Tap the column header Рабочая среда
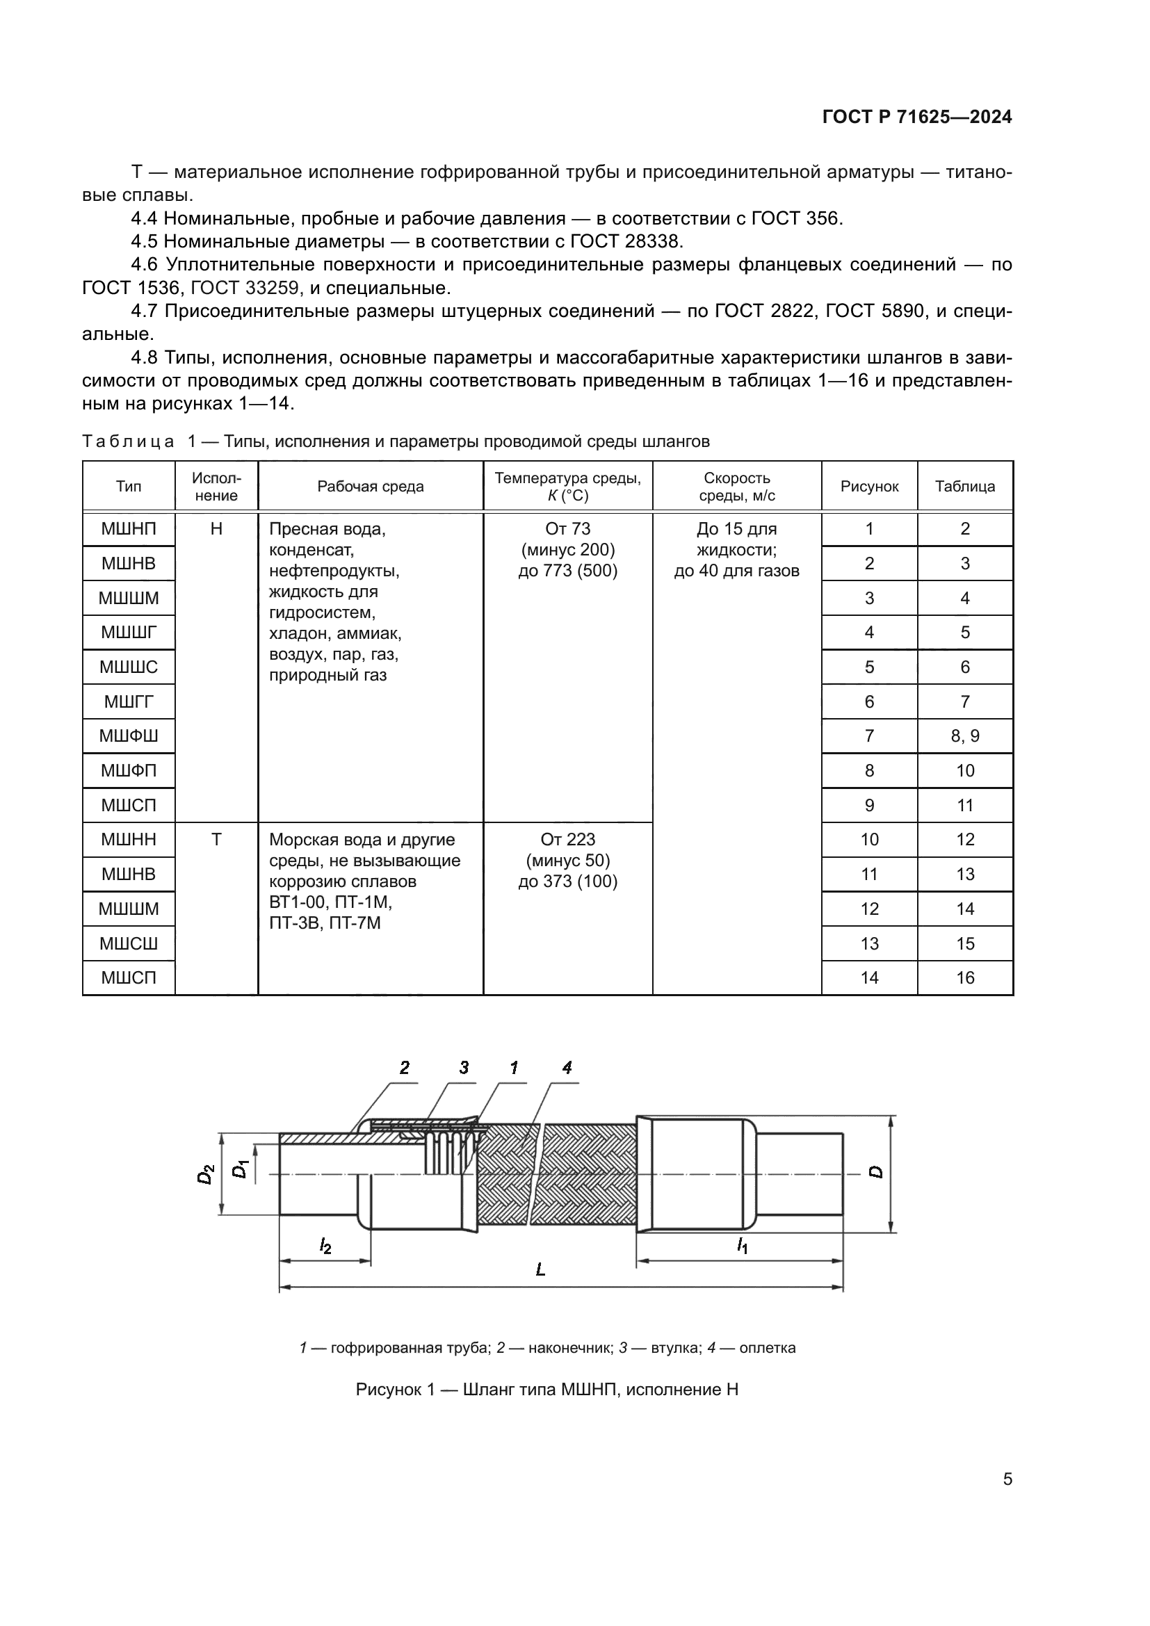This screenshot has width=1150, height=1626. coord(371,487)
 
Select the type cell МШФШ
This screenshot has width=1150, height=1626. coord(128,735)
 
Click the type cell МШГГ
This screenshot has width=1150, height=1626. coord(128,702)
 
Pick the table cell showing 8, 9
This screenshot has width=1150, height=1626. coord(964,735)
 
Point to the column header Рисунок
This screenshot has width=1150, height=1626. coord(869,487)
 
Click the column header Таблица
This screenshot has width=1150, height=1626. coord(964,487)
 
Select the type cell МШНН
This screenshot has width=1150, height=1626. coord(128,839)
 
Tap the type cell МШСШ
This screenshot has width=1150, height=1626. coord(128,943)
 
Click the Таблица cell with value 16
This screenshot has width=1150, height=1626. coord(964,977)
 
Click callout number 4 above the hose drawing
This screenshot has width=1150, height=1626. coord(567,1067)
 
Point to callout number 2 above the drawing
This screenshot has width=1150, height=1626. coord(404,1067)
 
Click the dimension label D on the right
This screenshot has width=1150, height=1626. coord(876,1171)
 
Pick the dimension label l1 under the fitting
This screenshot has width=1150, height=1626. coord(741,1244)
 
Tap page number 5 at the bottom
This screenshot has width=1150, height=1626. coord(1007,1479)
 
